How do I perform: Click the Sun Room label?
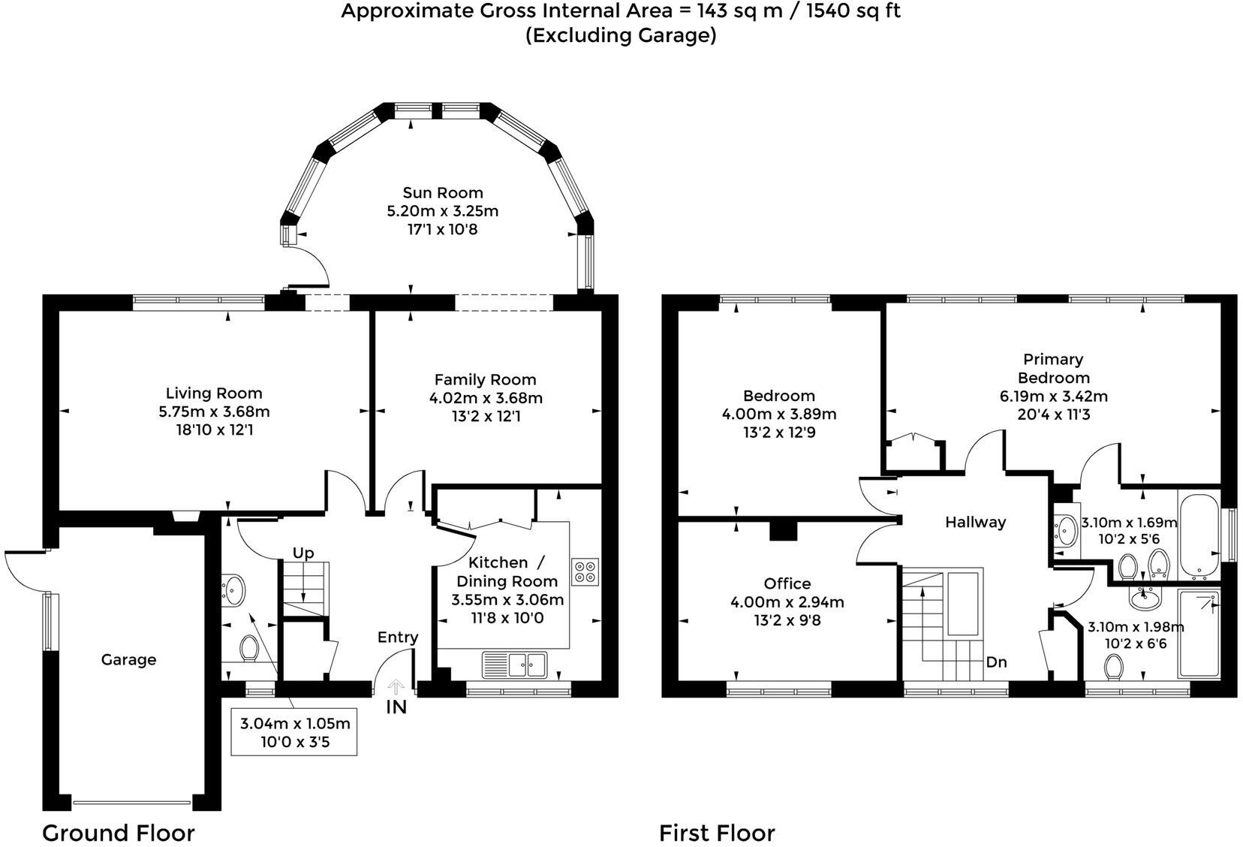[x=442, y=193]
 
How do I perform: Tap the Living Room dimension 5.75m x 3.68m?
[x=214, y=411]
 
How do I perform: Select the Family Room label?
[x=485, y=380]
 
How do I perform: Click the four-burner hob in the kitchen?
[x=585, y=571]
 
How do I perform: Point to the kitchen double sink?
[x=526, y=664]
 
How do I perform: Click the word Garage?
[x=128, y=660]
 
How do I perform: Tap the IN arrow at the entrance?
[x=396, y=687]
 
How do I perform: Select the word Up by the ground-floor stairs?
[x=303, y=553]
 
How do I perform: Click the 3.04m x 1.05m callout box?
[x=294, y=733]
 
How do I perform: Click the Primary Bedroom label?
[x=1053, y=368]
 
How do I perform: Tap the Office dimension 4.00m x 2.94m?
[x=787, y=602]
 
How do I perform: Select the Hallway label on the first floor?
[x=975, y=523]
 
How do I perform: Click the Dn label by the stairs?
[x=996, y=662]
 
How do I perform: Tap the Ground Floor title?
[x=118, y=833]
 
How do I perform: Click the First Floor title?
[x=716, y=833]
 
